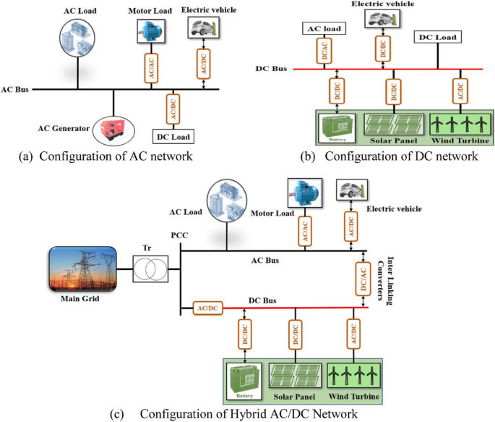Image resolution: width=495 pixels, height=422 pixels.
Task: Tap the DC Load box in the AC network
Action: point(173,135)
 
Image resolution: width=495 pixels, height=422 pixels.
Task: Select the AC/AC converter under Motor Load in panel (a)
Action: point(152,64)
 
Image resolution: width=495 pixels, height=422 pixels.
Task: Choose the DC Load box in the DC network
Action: point(438,36)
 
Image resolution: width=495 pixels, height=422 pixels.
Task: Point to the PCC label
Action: point(179,237)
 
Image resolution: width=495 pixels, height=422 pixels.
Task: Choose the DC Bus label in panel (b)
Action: point(272,69)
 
